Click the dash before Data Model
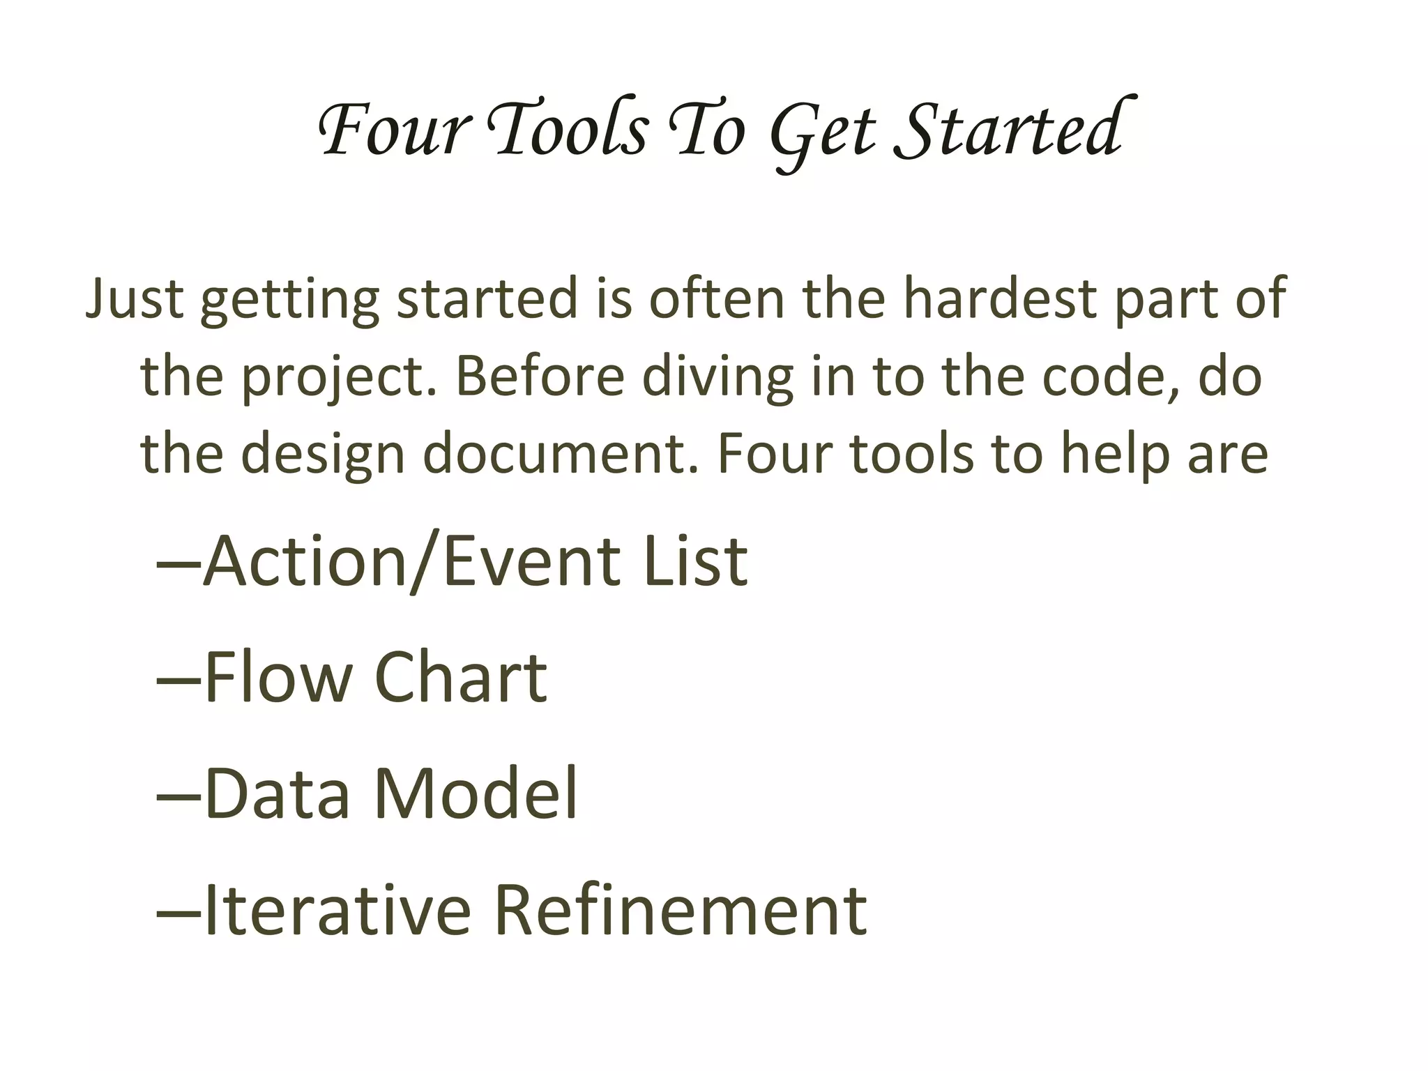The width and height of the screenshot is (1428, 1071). pos(178,796)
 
